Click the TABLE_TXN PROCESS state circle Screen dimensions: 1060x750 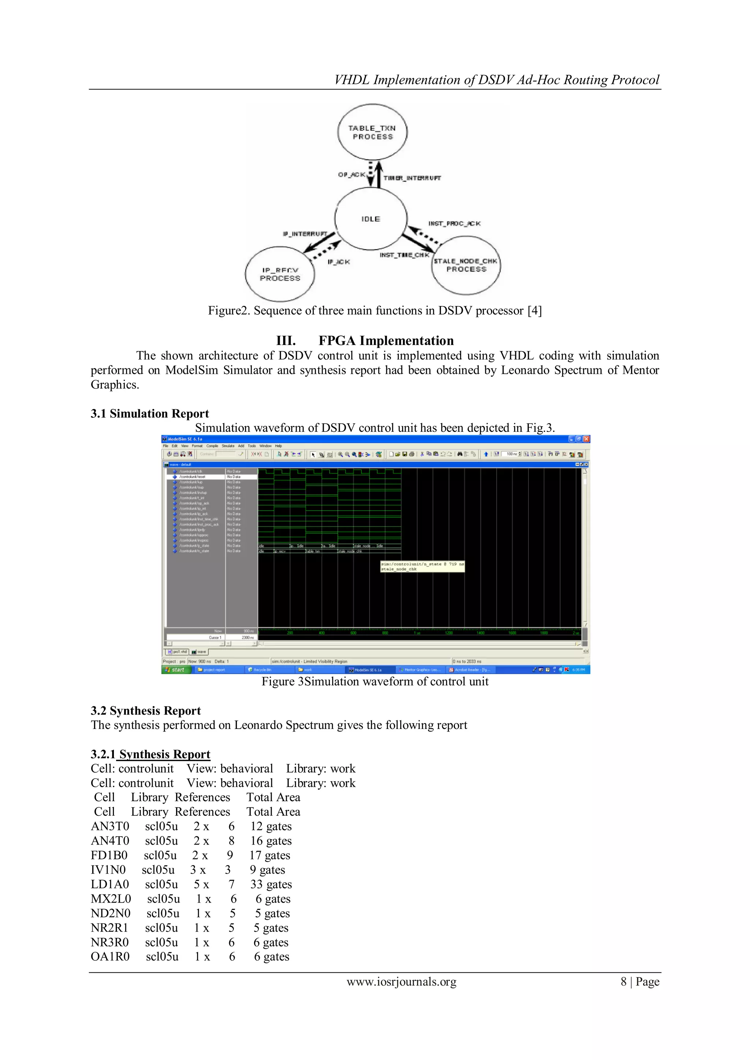pos(372,133)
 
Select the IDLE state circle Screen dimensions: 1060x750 pos(371,219)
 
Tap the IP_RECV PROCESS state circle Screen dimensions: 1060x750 pos(280,274)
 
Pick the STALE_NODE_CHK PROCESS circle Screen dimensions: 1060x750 pos(466,265)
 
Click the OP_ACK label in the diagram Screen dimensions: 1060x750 pos(352,175)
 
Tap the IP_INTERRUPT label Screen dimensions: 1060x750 pos(305,234)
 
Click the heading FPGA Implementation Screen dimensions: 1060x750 pos(386,341)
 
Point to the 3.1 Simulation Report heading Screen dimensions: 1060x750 pos(150,414)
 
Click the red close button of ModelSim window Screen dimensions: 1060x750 pos(587,439)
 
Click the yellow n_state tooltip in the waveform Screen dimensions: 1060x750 pos(422,566)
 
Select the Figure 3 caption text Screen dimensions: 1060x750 pos(375,682)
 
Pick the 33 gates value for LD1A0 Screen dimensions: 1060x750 pos(271,885)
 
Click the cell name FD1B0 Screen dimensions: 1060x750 pos(109,855)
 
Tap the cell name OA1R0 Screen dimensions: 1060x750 pos(110,957)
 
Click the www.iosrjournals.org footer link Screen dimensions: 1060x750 pos(401,982)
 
